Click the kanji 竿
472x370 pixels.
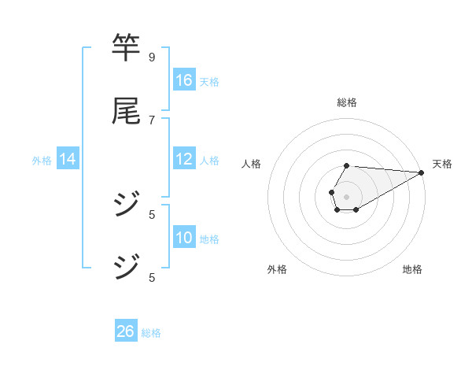[126, 48]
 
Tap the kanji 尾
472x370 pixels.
[126, 111]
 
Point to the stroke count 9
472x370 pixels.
[152, 57]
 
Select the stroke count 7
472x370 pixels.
[152, 120]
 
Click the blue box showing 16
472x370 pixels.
[184, 80]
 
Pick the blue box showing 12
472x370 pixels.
[184, 159]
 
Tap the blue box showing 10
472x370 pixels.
[184, 238]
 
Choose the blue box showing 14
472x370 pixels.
[68, 159]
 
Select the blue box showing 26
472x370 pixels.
[126, 331]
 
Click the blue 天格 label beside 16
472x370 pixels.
[209, 81]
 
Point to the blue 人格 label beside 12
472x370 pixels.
[209, 160]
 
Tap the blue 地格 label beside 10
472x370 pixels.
[209, 239]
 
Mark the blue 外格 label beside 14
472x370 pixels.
[42, 160]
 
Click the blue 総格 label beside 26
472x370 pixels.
[151, 332]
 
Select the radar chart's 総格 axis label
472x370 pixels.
[347, 102]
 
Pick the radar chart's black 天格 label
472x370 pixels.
[442, 164]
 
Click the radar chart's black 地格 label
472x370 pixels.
[412, 269]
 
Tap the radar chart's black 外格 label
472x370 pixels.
[277, 269]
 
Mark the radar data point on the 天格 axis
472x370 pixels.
[422, 172]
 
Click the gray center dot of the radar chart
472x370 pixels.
[346, 195]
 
